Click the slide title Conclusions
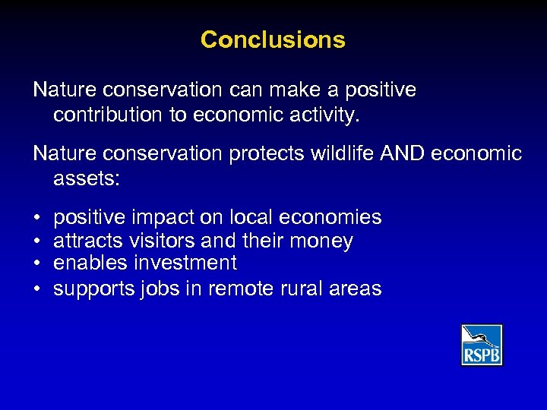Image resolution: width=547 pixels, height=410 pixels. (273, 39)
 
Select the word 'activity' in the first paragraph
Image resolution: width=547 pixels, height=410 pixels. (334, 115)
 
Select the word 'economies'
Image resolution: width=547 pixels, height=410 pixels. (330, 218)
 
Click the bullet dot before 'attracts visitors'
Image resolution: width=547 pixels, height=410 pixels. (37, 241)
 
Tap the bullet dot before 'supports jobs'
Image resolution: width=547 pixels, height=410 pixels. (37, 289)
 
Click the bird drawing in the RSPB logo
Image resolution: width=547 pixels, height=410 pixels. (482, 337)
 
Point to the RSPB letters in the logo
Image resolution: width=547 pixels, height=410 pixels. (482, 355)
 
